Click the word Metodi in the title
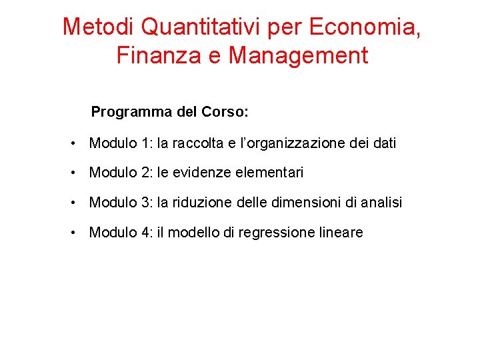click(x=99, y=27)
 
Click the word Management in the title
click(x=298, y=55)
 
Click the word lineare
click(x=341, y=232)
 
